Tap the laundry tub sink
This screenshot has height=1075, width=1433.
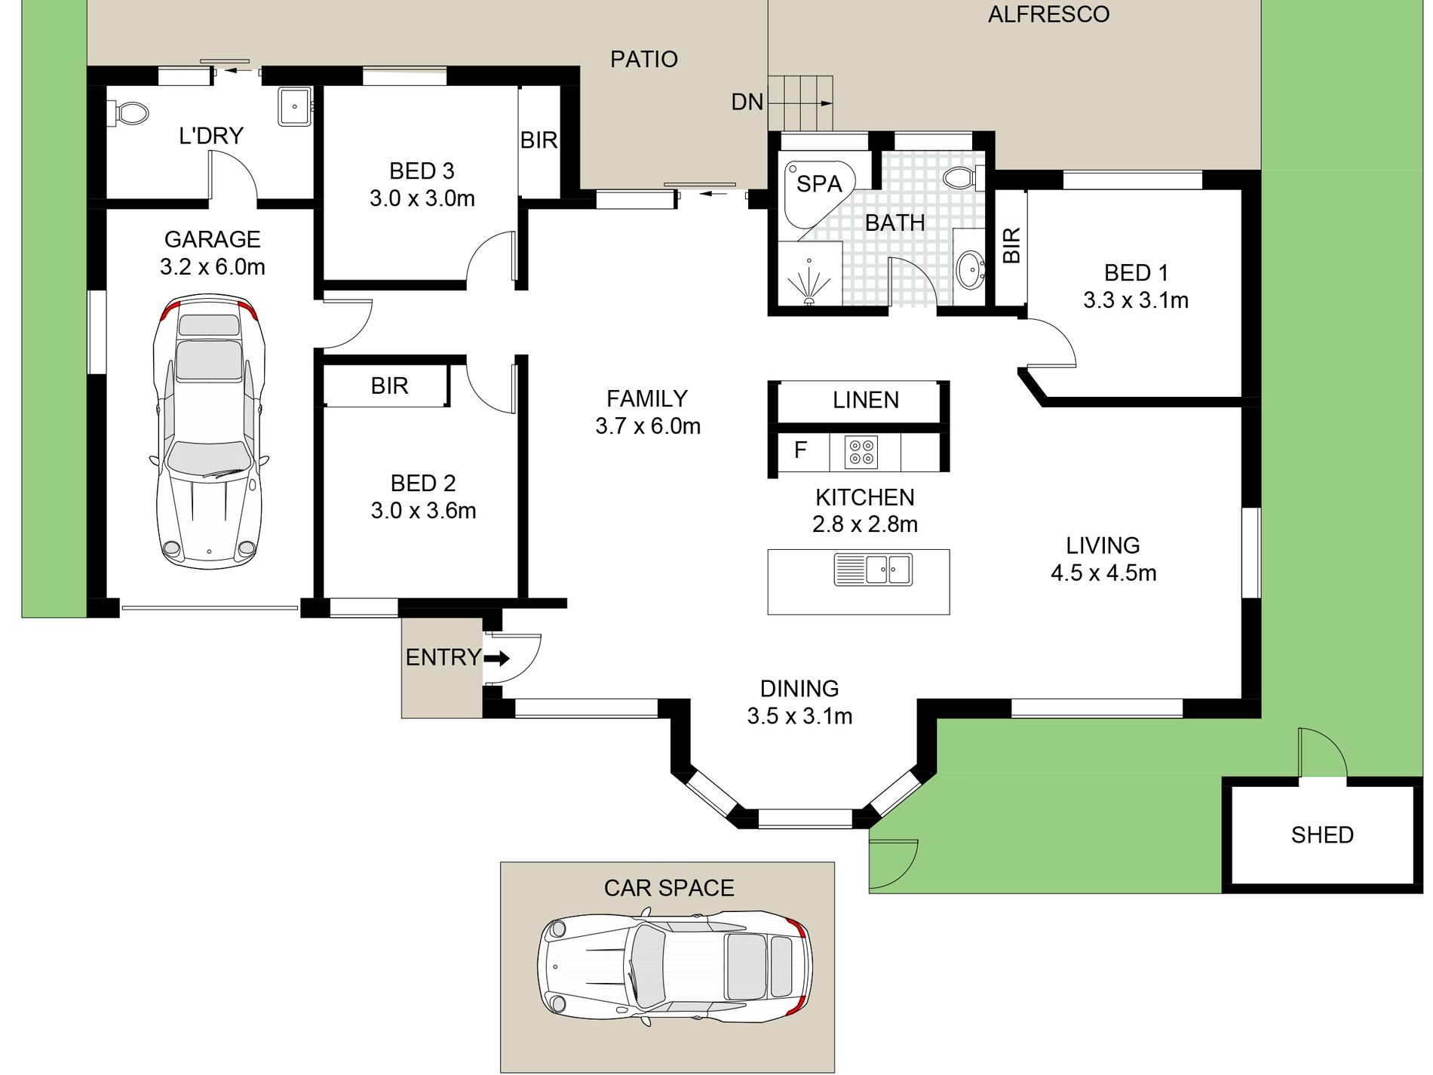pyautogui.click(x=295, y=106)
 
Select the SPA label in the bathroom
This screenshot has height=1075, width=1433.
pyautogui.click(x=819, y=183)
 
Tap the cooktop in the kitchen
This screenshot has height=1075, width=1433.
pyautogui.click(x=861, y=452)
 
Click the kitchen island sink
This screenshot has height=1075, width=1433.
pyautogui.click(x=873, y=570)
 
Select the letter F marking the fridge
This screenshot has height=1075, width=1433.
pyautogui.click(x=800, y=450)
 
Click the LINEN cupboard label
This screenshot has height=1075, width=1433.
pyautogui.click(x=866, y=400)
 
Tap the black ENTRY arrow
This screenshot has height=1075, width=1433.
pyautogui.click(x=496, y=658)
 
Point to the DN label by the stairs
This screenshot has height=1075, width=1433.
pyautogui.click(x=747, y=102)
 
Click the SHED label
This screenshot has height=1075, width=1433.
pyautogui.click(x=1322, y=834)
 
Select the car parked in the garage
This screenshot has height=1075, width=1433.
pyautogui.click(x=210, y=432)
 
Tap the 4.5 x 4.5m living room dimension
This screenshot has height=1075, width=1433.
pyautogui.click(x=1103, y=573)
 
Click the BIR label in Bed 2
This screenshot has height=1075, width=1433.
pyautogui.click(x=389, y=385)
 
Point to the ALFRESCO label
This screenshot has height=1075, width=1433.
pyautogui.click(x=1048, y=14)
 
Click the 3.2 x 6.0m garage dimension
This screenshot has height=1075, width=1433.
pyautogui.click(x=212, y=267)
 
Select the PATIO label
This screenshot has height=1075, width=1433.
pyautogui.click(x=643, y=59)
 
